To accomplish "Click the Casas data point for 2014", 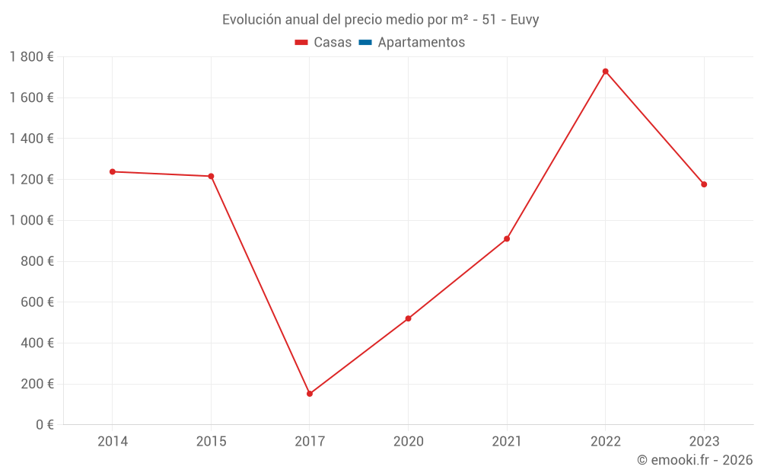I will [113, 171].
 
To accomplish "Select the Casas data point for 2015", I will [211, 176].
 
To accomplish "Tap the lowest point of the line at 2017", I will [310, 394].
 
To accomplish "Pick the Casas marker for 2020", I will [408, 318].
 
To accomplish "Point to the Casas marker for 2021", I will [507, 239].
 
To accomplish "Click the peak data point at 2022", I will [605, 72].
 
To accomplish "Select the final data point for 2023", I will [704, 184].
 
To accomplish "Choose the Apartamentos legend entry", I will [421, 43].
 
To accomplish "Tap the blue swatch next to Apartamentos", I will [365, 43].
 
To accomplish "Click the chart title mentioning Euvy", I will [380, 20].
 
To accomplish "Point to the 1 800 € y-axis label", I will [31, 56].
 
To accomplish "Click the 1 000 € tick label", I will [31, 220].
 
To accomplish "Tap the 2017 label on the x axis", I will [310, 441].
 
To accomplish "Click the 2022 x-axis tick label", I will [605, 441].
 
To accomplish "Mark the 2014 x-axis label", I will [113, 441].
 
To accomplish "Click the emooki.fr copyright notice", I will [694, 460].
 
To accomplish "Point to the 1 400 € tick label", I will [31, 139].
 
